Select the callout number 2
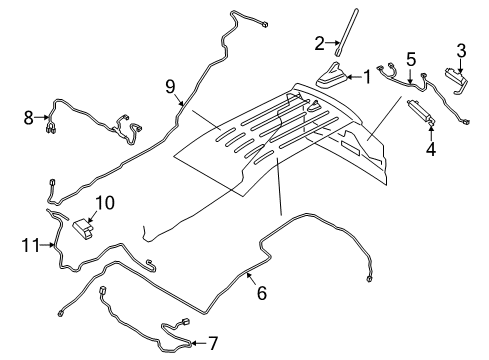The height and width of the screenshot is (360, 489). tap(320, 42)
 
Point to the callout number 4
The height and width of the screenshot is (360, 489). tap(431, 151)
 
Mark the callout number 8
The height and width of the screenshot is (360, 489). tap(29, 118)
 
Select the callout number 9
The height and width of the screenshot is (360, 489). tap(171, 87)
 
